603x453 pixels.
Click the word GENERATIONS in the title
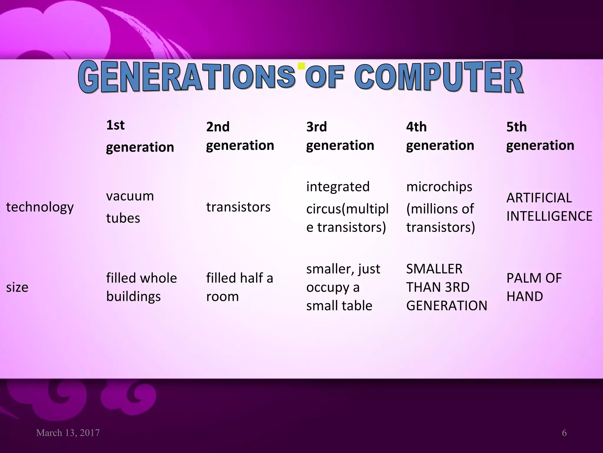pos(187,77)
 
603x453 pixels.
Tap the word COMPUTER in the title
pos(439,77)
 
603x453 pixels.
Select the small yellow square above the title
pos(301,66)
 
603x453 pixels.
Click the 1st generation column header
pos(140,136)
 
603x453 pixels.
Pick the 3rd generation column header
pos(340,136)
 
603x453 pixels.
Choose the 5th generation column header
pos(540,136)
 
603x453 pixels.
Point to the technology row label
pos(40,207)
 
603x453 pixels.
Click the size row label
pos(17,287)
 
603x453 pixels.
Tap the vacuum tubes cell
pos(130,207)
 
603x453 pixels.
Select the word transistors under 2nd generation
pos(238,207)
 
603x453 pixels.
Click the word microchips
pos(439,187)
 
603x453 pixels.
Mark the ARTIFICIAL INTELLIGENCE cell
pos(549,207)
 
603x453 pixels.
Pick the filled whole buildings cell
pos(141,287)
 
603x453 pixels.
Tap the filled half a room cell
pos(240,287)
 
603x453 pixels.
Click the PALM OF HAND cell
pos(534,287)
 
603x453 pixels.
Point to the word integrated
pos(338,187)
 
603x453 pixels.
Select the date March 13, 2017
pos(68,433)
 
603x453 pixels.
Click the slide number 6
pos(564,433)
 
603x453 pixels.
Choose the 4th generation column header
pos(440,136)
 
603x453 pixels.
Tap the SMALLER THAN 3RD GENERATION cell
pos(446,287)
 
